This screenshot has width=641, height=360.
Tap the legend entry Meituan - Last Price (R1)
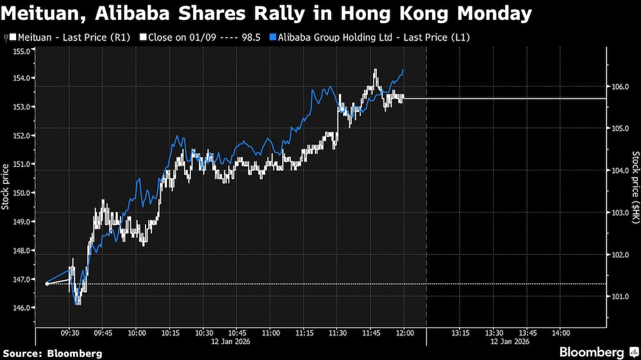pyautogui.click(x=71, y=38)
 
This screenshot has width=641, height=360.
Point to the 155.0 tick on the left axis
pyautogui.click(x=24, y=49)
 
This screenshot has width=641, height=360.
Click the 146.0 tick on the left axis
pyautogui.click(x=24, y=308)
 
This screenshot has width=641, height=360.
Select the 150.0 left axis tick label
pyautogui.click(x=24, y=193)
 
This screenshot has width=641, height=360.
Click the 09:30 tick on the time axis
pyautogui.click(x=69, y=333)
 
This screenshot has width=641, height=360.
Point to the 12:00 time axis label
pyautogui.click(x=404, y=333)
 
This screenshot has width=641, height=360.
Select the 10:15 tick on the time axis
pyautogui.click(x=170, y=333)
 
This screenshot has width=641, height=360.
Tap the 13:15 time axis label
pyautogui.click(x=460, y=333)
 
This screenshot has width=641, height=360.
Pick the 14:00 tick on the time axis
pyautogui.click(x=561, y=333)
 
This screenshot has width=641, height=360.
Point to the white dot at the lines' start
pyautogui.click(x=47, y=284)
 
